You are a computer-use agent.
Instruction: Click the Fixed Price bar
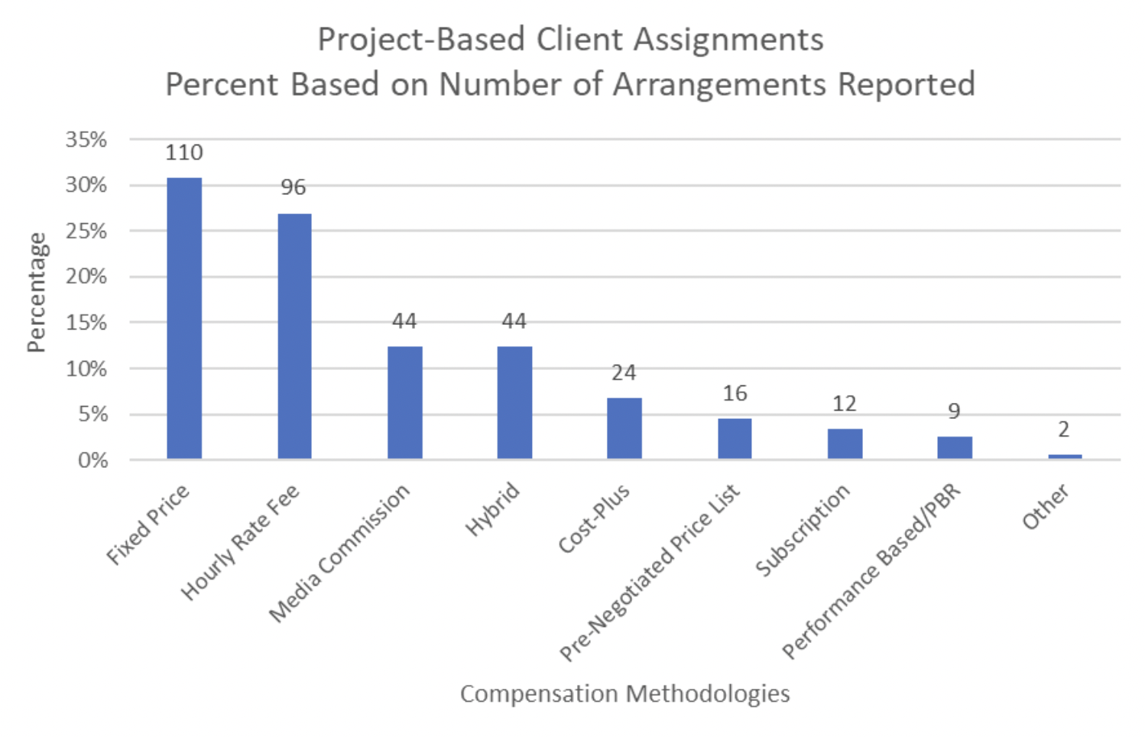184,318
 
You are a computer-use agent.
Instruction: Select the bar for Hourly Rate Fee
294,336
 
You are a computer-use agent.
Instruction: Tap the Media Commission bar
404,402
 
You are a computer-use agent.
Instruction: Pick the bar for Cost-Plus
624,428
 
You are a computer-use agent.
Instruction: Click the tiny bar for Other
1065,456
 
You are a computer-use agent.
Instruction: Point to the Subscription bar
845,443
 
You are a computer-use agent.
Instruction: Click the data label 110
184,153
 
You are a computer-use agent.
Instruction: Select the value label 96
294,187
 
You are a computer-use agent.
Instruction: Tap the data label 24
624,373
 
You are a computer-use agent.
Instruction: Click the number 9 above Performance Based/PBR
954,412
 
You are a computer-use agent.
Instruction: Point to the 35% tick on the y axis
86,140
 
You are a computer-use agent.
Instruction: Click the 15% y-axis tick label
86,323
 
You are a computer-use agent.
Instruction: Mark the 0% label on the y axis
92,460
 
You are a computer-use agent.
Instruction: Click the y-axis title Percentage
37,293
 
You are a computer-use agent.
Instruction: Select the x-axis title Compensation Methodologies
624,693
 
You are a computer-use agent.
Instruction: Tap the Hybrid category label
494,509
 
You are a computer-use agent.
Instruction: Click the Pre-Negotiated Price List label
650,572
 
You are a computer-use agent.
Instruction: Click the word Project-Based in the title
422,40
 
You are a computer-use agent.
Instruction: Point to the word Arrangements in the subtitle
719,84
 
